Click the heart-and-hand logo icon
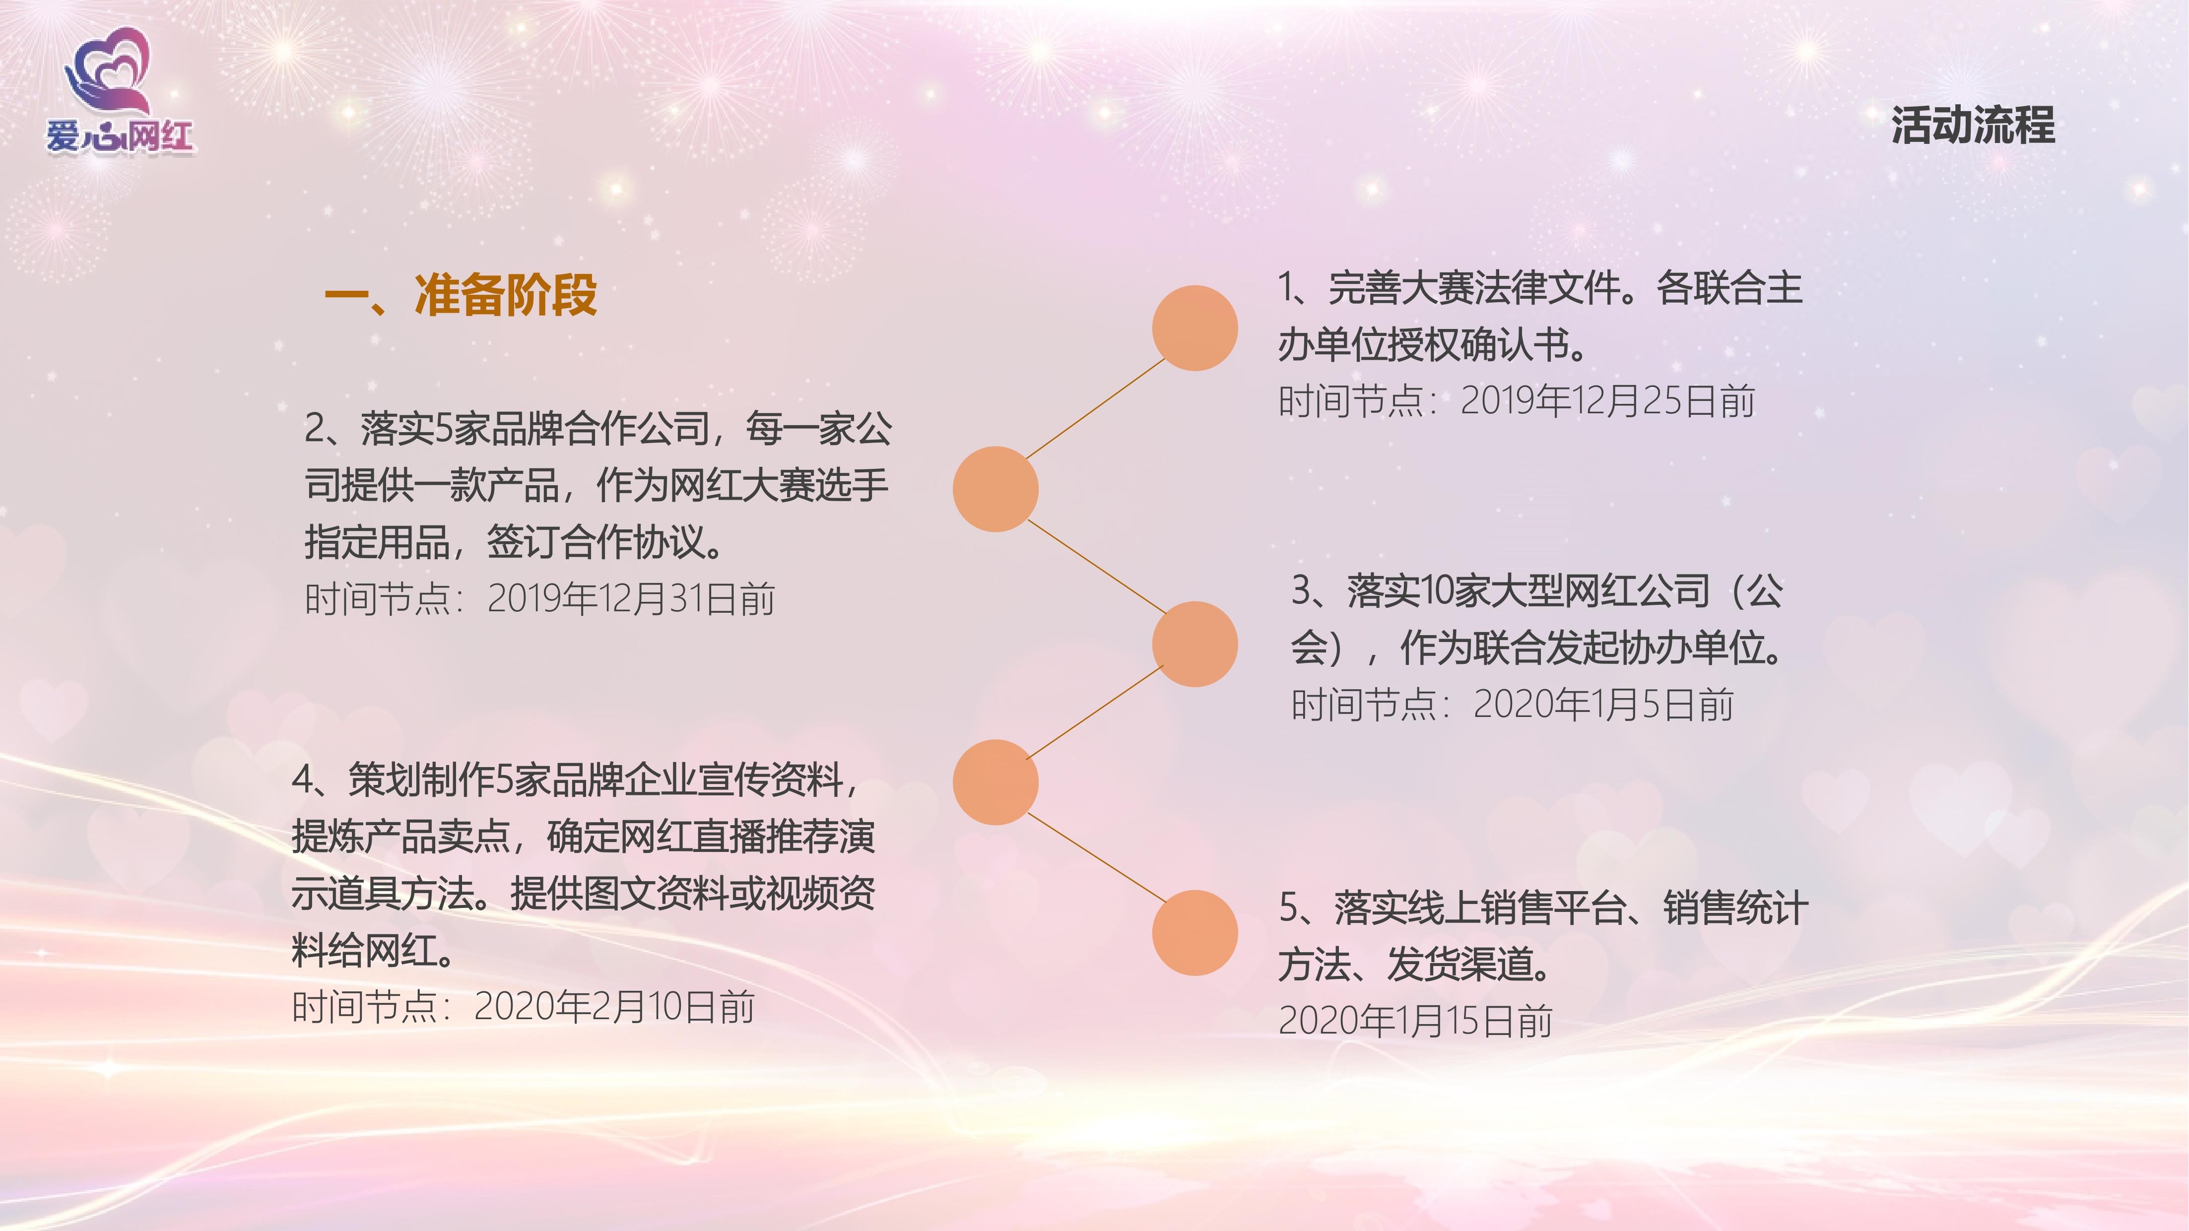pyautogui.click(x=108, y=72)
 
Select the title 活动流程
pyautogui.click(x=1972, y=126)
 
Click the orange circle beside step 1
pyautogui.click(x=1195, y=328)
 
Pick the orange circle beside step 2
pyautogui.click(x=995, y=489)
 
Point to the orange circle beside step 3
pyautogui.click(x=1195, y=644)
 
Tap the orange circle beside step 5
pyautogui.click(x=1195, y=933)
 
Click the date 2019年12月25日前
pyautogui.click(x=1607, y=401)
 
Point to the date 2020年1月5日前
pyautogui.click(x=1602, y=704)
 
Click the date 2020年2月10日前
pyautogui.click(x=613, y=1007)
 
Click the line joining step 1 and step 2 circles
pyautogui.click(x=1095, y=409)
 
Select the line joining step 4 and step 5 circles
pyautogui.click(x=1096, y=857)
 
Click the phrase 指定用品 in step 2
pyautogui.click(x=377, y=542)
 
